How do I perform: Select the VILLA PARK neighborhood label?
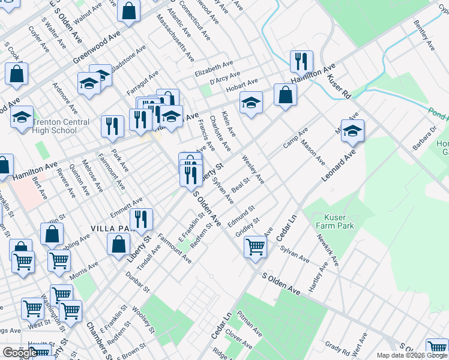(x=110, y=229)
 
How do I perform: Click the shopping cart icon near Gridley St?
(x=256, y=246)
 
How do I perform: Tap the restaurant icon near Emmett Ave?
(x=142, y=219)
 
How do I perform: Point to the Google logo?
(x=20, y=352)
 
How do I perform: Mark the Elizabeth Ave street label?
(x=213, y=65)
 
